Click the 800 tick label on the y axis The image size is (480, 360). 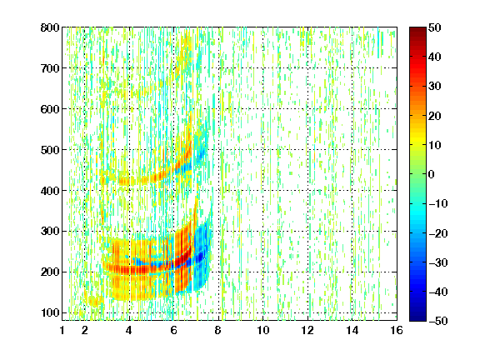click(x=50, y=27)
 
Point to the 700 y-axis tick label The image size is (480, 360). click(x=50, y=68)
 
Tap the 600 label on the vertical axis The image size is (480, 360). click(x=50, y=109)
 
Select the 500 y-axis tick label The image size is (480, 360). click(x=50, y=150)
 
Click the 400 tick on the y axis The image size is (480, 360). click(x=50, y=191)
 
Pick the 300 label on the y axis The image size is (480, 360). click(x=50, y=232)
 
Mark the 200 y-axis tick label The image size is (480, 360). click(x=50, y=272)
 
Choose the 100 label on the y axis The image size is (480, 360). click(x=50, y=312)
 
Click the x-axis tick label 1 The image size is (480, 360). click(x=62, y=330)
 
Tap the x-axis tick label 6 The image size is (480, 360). click(x=174, y=330)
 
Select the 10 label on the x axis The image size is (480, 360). click(x=263, y=330)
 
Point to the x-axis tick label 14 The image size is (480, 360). click(x=352, y=330)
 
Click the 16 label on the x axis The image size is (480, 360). click(x=397, y=330)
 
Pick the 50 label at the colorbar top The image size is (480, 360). click(x=435, y=27)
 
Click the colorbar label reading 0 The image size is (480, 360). click(x=432, y=174)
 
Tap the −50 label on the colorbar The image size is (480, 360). click(x=438, y=321)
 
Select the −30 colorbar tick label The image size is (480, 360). click(x=438, y=262)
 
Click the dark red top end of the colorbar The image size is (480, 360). click(x=417, y=29)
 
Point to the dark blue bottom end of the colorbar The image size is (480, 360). click(x=417, y=318)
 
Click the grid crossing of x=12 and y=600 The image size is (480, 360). click(x=307, y=109)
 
